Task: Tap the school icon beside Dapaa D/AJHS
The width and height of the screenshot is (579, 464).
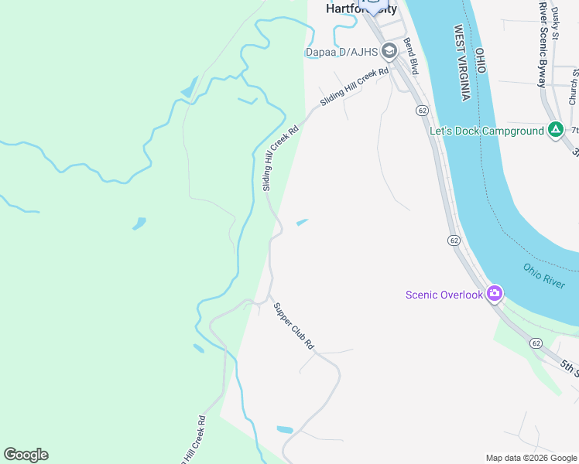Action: coord(389,53)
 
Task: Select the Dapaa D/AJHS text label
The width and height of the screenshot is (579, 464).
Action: coord(341,53)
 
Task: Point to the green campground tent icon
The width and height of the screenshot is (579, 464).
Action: coord(555,130)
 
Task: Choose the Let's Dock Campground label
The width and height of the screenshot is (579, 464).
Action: coord(487,131)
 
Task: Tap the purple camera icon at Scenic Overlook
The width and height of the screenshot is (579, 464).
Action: coord(495,294)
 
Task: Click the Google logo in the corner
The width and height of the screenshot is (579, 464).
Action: coord(26,455)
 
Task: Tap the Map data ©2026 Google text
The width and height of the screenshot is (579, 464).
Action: coord(530,458)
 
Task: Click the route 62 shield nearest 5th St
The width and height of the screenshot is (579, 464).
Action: coord(535,342)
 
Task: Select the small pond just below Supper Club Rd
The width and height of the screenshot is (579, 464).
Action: coord(285,429)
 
